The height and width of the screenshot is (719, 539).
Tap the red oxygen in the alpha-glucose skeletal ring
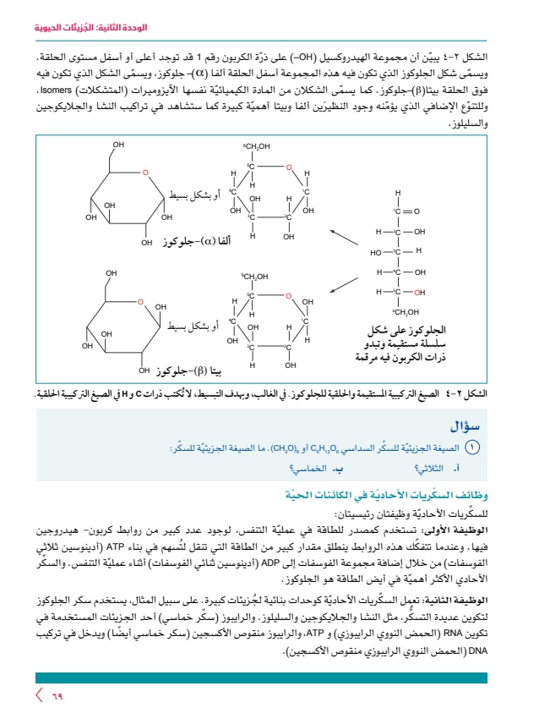point(144,173)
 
